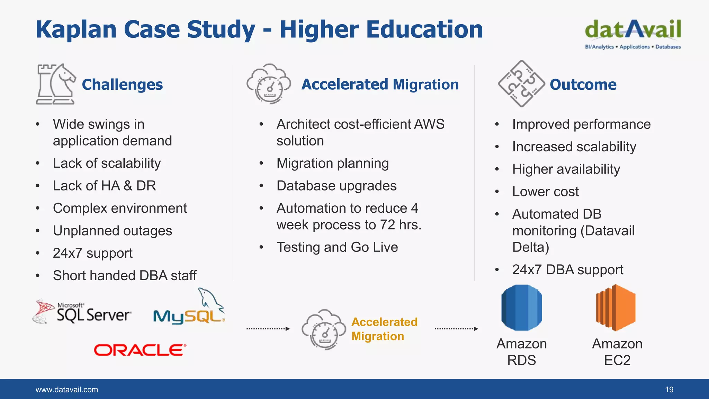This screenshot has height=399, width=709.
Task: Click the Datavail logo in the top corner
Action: (x=633, y=34)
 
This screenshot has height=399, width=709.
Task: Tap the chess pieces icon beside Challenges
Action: (x=56, y=84)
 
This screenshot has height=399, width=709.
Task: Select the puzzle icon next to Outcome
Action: (x=521, y=84)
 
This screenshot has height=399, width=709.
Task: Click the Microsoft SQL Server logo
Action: (x=82, y=311)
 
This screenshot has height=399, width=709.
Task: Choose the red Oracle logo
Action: (x=140, y=350)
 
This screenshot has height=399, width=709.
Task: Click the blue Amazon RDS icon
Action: (x=522, y=308)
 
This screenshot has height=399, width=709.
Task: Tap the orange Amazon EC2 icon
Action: (x=616, y=308)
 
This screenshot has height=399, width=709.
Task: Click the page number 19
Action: (x=669, y=390)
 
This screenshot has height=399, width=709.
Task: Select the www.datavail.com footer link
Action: (x=67, y=390)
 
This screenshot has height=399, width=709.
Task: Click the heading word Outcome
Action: (x=583, y=85)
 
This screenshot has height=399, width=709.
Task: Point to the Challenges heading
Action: (x=122, y=85)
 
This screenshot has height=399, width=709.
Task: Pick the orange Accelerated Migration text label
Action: (x=384, y=329)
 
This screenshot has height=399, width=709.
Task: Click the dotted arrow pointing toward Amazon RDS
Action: (x=456, y=329)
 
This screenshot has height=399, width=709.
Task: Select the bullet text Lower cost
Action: (x=545, y=192)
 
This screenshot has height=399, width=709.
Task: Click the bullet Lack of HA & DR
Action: (x=104, y=186)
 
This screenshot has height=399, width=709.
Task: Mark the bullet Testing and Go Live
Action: (x=337, y=247)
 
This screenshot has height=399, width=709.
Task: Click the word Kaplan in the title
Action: (x=76, y=29)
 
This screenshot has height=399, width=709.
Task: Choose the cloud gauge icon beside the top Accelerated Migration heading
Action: (x=269, y=84)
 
